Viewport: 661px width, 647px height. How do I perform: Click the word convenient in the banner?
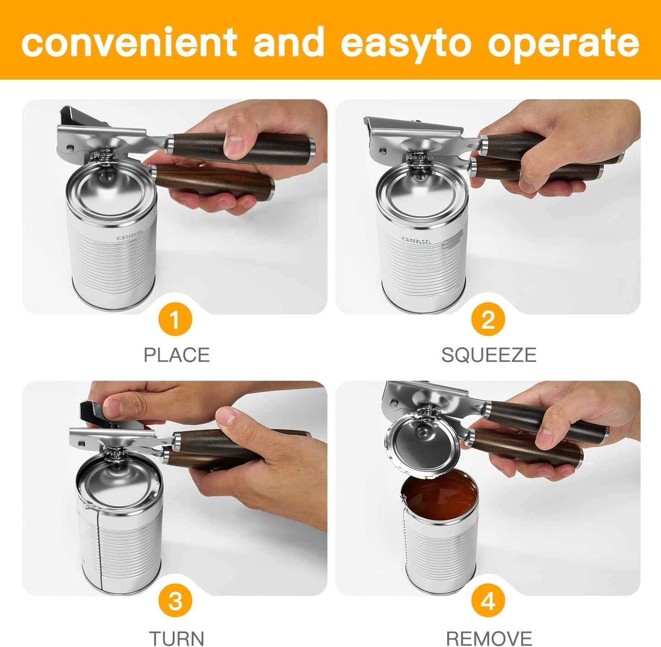coord(129,42)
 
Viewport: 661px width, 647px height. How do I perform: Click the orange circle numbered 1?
coord(175,320)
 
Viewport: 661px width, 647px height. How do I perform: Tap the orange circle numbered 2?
coord(488,320)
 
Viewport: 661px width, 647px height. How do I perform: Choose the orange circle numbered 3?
coord(175,601)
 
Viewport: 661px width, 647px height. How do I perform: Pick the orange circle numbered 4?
coord(488,601)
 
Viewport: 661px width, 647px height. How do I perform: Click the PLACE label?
coord(177,355)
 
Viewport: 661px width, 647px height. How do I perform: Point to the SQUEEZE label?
coord(489,355)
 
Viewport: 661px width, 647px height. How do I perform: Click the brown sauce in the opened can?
coord(439,496)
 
